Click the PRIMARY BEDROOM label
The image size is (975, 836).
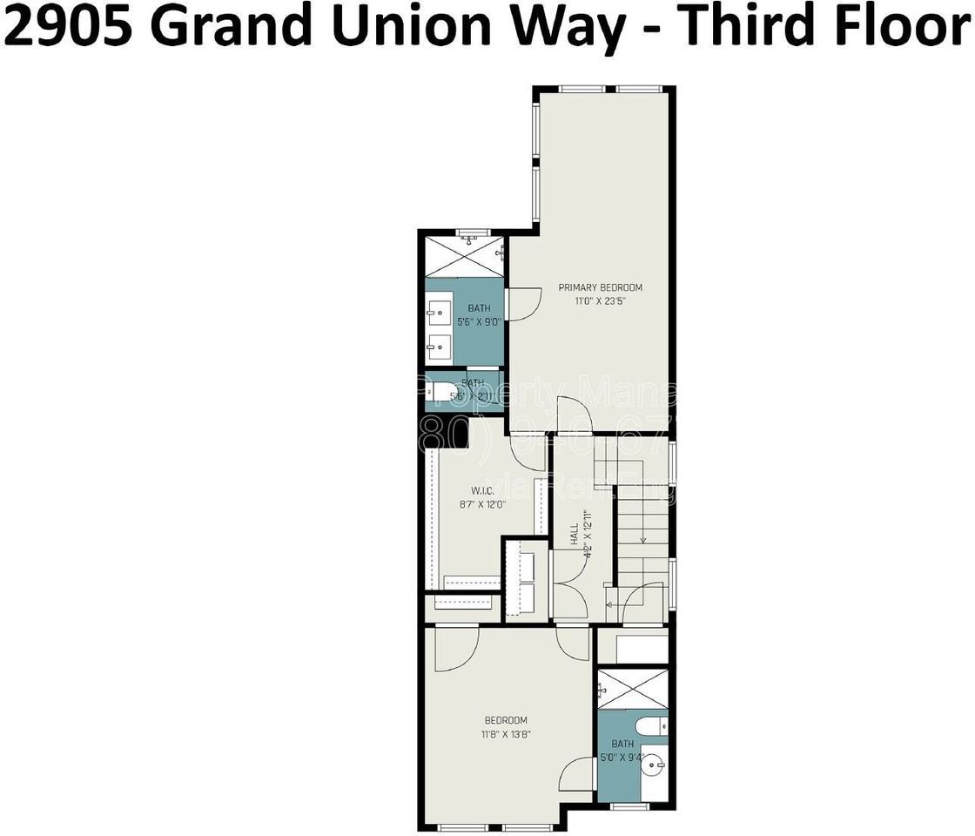(601, 287)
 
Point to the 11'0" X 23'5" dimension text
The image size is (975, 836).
(601, 301)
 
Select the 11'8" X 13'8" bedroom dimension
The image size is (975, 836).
(506, 734)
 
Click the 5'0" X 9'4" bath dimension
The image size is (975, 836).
(622, 757)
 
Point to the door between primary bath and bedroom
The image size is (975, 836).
(521, 304)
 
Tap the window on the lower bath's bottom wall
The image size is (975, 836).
(629, 806)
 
